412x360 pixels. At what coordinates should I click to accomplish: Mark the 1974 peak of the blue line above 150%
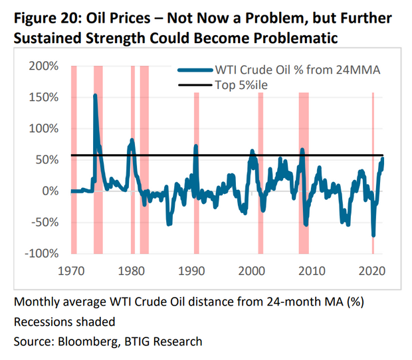tap(95, 95)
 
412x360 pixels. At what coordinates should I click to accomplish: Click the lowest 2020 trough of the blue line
tap(373, 235)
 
